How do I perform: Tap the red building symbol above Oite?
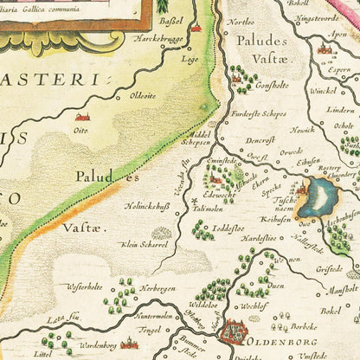click(x=83, y=116)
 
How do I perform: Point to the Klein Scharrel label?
click(x=142, y=244)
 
